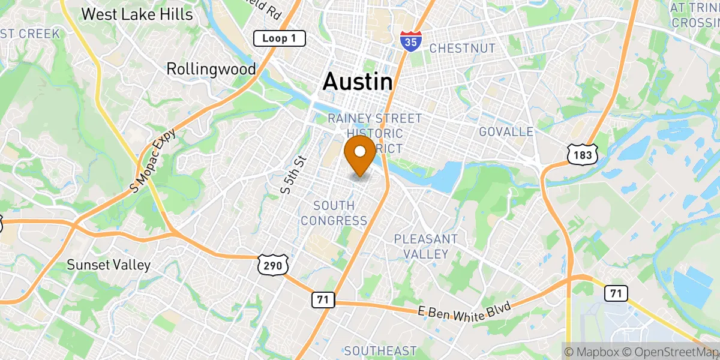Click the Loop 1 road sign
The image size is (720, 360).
pyautogui.click(x=280, y=39)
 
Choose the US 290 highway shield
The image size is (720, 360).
pyautogui.click(x=273, y=265)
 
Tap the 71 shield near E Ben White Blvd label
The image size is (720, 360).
pyautogui.click(x=322, y=299)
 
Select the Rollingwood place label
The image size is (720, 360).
pyautogui.click(x=211, y=69)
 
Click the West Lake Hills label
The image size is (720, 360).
pyautogui.click(x=137, y=14)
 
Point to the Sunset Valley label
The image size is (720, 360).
pyautogui.click(x=109, y=265)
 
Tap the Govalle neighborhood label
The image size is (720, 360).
pyautogui.click(x=506, y=131)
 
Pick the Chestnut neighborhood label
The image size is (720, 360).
pyautogui.click(x=462, y=48)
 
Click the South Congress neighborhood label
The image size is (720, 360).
pyautogui.click(x=334, y=213)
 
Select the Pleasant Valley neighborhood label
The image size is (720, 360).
pyautogui.click(x=425, y=247)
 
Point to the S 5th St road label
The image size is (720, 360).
pyautogui.click(x=293, y=175)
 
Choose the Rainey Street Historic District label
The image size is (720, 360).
pyautogui.click(x=374, y=133)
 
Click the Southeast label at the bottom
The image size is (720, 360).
pyautogui.click(x=380, y=350)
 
